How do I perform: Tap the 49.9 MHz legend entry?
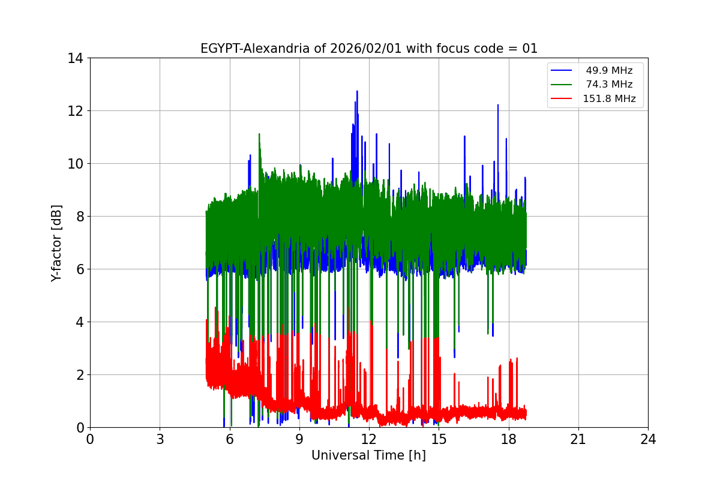pyautogui.click(x=609, y=71)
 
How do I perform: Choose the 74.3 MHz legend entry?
pyautogui.click(x=609, y=85)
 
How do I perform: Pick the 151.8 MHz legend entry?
pyautogui.click(x=609, y=99)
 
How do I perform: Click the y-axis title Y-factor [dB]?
pyautogui.click(x=56, y=242)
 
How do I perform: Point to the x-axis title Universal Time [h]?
pyautogui.click(x=368, y=455)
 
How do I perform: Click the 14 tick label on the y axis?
pyautogui.click(x=76, y=58)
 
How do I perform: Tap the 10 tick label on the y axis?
pyautogui.click(x=76, y=164)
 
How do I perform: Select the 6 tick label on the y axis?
pyautogui.click(x=79, y=269)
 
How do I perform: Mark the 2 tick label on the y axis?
pyautogui.click(x=79, y=375)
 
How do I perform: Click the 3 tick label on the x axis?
pyautogui.click(x=160, y=439)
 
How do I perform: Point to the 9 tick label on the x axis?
pyautogui.click(x=299, y=439)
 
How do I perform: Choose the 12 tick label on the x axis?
pyautogui.click(x=369, y=439)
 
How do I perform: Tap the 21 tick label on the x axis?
pyautogui.click(x=578, y=439)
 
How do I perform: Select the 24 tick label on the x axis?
pyautogui.click(x=648, y=439)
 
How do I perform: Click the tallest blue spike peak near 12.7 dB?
pyautogui.click(x=357, y=91)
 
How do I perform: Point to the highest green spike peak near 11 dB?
pyautogui.click(x=259, y=134)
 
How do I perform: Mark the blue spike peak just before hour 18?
pyautogui.click(x=498, y=105)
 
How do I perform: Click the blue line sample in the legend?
pyautogui.click(x=563, y=71)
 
